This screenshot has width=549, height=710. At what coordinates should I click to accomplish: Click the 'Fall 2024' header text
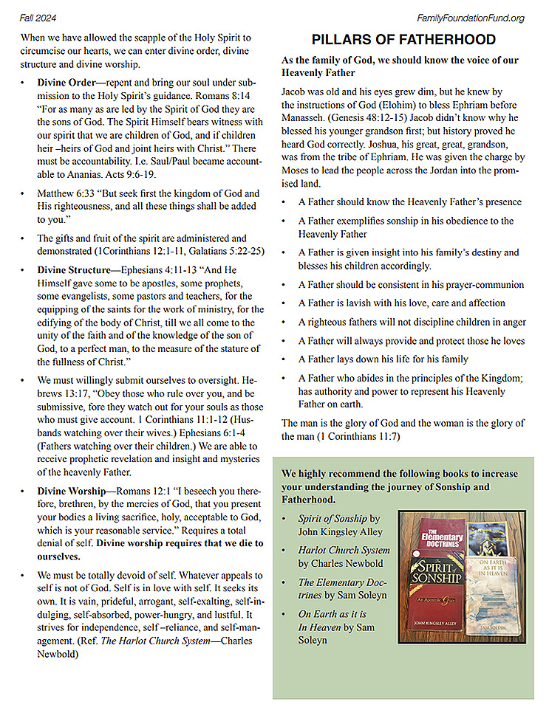(39, 18)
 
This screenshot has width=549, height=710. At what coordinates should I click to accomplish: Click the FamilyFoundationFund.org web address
(471, 18)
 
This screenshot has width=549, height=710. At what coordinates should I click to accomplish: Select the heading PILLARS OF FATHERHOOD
(403, 40)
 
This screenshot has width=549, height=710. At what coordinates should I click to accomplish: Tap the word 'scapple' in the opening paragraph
(146, 37)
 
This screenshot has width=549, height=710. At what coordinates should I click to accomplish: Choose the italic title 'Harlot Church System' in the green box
(344, 551)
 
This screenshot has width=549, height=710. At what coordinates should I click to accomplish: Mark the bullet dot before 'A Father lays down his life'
(285, 359)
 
